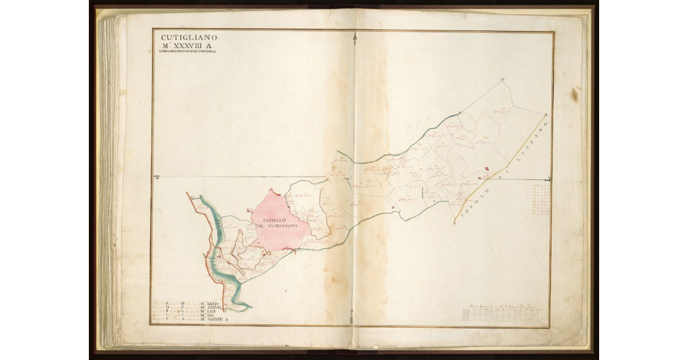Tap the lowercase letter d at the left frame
click(157, 178)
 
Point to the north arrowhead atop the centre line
click(355, 38)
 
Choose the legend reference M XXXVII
click(212, 307)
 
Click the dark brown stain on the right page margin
click(574, 94)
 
